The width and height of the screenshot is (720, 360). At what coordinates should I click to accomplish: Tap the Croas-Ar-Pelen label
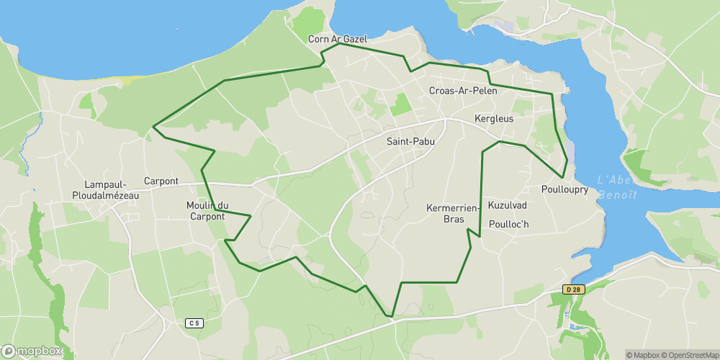[462, 91]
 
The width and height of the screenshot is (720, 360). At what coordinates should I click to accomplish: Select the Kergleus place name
[494, 118]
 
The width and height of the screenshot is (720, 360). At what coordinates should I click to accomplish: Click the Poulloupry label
[564, 190]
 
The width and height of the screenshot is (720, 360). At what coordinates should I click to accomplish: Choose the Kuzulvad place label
[508, 205]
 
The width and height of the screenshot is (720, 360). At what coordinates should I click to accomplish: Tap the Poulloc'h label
[508, 224]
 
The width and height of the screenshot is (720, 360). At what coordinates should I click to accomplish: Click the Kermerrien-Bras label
[453, 214]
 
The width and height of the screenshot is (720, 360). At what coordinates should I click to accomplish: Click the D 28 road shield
[573, 289]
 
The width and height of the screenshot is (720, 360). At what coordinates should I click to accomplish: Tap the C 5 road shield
[194, 323]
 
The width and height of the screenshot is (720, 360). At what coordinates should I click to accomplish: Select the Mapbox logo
[32, 351]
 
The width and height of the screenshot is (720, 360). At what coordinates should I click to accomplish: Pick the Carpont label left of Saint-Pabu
[161, 181]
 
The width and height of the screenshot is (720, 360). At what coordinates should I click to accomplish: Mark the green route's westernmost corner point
[153, 128]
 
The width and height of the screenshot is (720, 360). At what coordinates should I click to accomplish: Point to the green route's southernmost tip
[391, 315]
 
